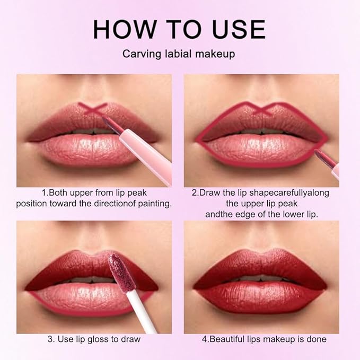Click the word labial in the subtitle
[179, 54]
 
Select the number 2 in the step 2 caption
[194, 192]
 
